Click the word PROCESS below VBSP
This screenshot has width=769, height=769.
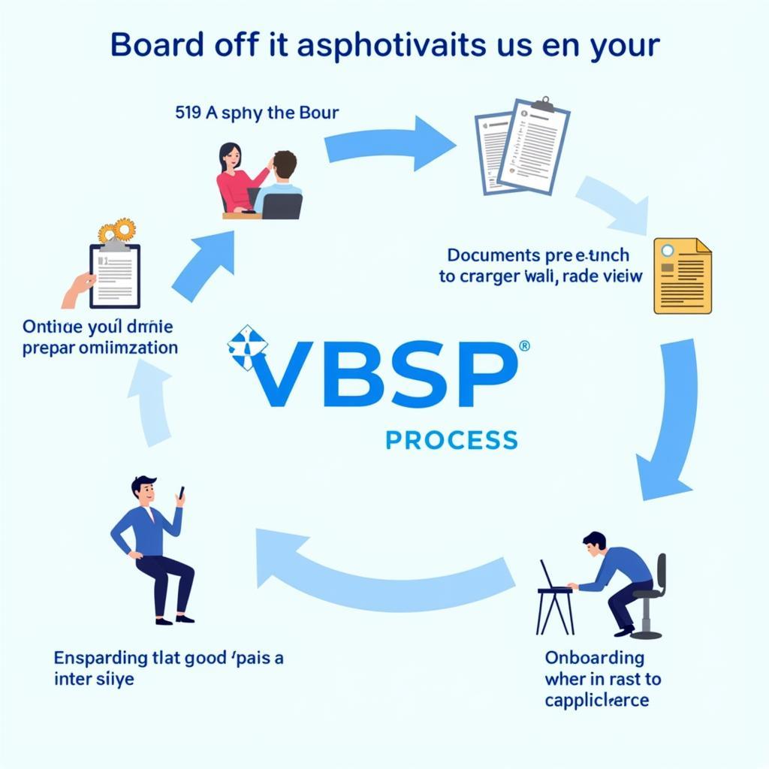[451, 439]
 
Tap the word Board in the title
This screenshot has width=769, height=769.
[153, 45]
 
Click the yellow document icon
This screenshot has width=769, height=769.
[682, 276]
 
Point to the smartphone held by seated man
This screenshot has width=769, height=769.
[180, 495]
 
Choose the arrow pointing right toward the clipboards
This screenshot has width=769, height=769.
[391, 143]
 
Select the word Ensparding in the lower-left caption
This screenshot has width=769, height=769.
[100, 658]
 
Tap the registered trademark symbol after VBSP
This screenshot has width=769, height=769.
[524, 346]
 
